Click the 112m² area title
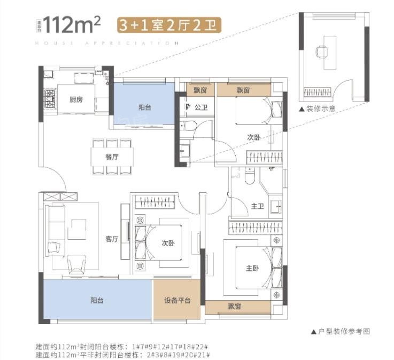click(72, 25)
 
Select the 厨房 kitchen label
click(76, 99)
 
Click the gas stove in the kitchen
click(50, 98)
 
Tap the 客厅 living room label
click(111, 239)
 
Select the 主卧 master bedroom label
click(252, 269)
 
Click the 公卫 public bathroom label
click(201, 107)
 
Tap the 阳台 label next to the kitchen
click(144, 107)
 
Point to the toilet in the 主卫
click(250, 176)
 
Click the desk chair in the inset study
click(322, 51)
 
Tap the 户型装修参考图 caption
click(341, 331)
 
